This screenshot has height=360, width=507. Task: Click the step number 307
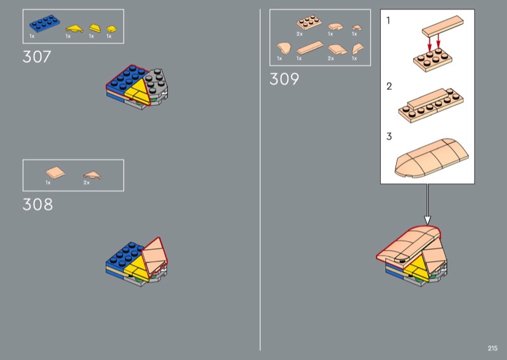click(37, 56)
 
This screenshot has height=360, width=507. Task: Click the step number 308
click(37, 205)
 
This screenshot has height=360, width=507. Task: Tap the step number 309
click(284, 79)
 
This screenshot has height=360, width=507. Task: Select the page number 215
click(492, 348)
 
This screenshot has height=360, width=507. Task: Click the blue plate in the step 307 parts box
click(44, 24)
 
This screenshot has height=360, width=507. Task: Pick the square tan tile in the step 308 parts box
click(55, 173)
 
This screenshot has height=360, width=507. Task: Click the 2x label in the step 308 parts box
click(86, 183)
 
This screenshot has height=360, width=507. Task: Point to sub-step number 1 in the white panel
click(388, 20)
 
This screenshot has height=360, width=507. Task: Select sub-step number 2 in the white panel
click(389, 86)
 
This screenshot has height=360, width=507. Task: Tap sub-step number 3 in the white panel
click(389, 136)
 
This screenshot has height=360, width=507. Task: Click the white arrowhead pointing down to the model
click(427, 221)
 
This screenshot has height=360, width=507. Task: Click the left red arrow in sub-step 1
click(430, 44)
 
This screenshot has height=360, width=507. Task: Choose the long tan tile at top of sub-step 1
click(442, 26)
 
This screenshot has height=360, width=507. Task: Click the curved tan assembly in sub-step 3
click(432, 158)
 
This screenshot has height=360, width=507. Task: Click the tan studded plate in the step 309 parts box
click(309, 22)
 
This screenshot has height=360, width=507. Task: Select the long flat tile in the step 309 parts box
click(310, 48)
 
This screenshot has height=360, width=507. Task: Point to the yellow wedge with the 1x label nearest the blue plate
click(74, 29)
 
